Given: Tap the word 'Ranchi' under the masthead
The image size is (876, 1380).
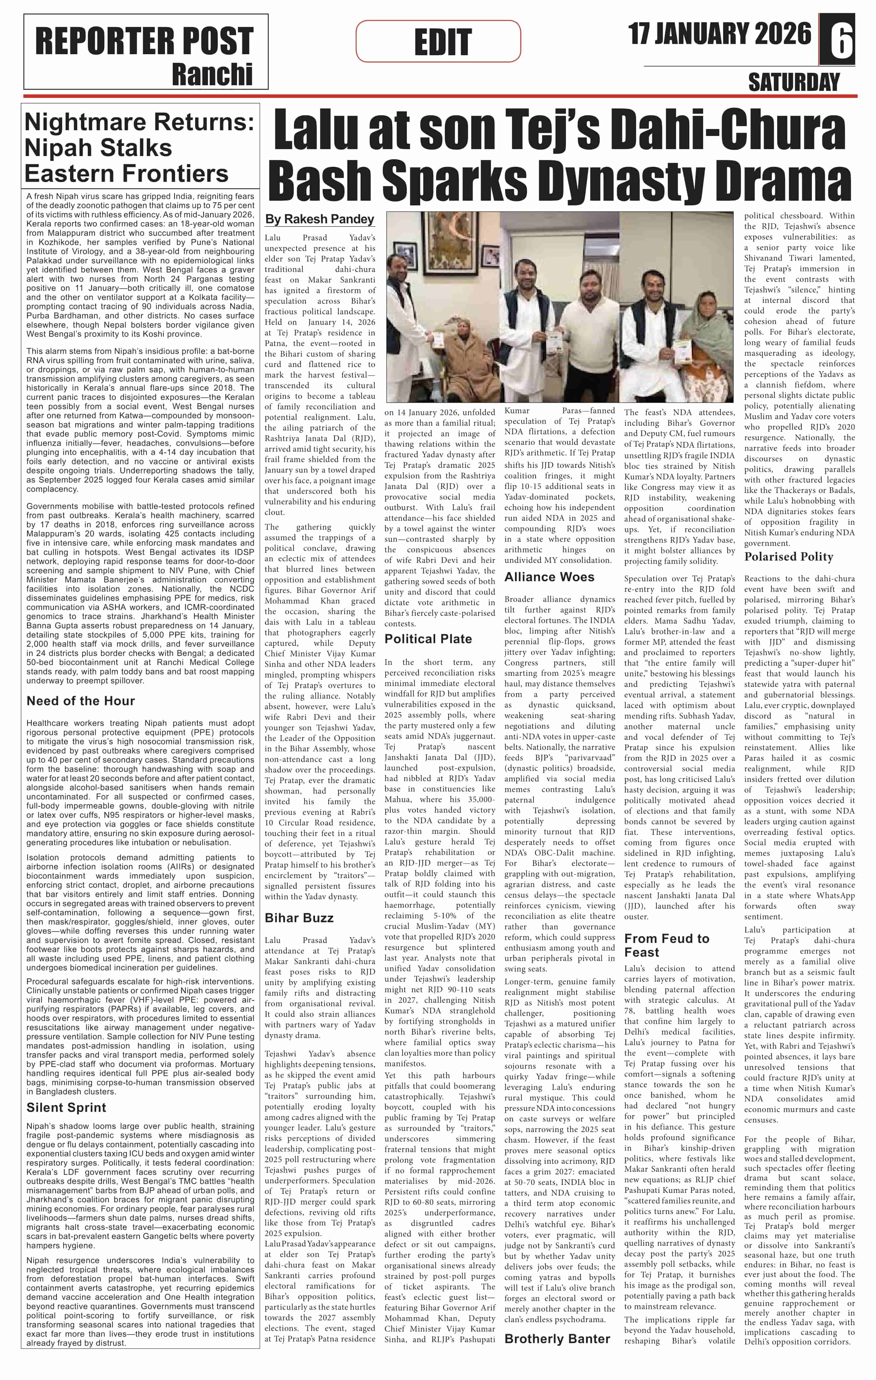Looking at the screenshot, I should (212, 74).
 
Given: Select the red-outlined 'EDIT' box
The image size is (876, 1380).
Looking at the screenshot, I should (438, 41).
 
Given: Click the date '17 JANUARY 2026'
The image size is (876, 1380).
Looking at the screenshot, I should (720, 34).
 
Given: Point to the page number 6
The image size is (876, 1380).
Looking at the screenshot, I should (842, 39).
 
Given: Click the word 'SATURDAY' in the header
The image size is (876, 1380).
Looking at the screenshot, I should (793, 83).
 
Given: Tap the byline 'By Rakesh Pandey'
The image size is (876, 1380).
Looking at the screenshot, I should (319, 219).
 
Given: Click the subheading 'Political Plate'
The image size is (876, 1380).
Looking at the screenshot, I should (428, 639).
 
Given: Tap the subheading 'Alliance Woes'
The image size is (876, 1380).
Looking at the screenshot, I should (549, 577).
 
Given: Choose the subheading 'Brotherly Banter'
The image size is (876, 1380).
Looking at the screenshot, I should (557, 1339).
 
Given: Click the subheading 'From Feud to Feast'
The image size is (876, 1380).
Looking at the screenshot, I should (666, 945).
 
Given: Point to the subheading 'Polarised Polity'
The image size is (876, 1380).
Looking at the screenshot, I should (788, 556).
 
